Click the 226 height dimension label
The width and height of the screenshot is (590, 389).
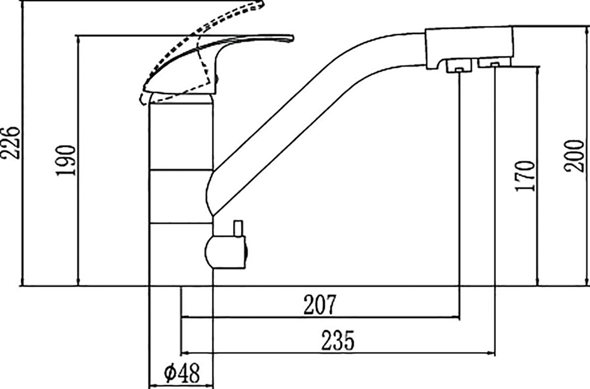pos(10,143)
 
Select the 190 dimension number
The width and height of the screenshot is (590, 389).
pos(65,160)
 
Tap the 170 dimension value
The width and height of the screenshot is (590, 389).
pos(525,176)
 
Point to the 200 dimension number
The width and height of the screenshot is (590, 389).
pos(574,156)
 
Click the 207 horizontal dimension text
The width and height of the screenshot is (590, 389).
pos(320,305)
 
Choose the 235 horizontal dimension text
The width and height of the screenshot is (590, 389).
pos(338,340)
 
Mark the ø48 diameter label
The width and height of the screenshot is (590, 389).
pos(182,373)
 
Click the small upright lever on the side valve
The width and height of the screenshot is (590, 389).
pos(238,229)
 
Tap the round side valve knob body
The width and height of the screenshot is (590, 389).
pos(226,252)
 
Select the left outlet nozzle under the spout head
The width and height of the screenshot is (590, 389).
pos(459,66)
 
